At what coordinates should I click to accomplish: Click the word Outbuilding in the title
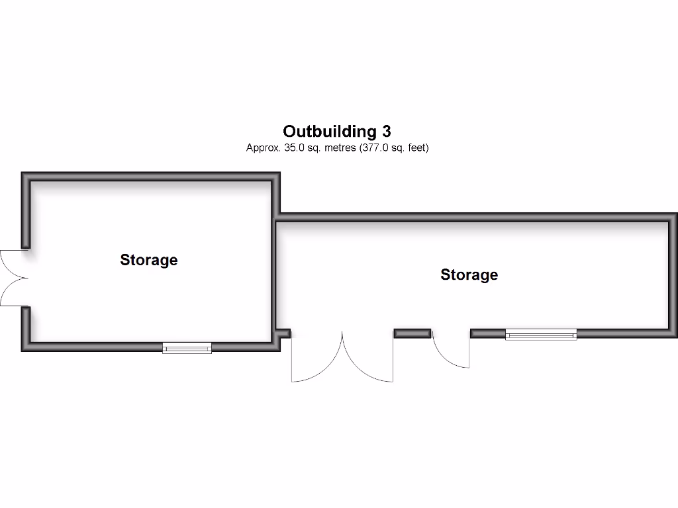330,132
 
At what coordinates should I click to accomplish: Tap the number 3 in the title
386,132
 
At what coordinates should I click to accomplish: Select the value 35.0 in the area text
294,148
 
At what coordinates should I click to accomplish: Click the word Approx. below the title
264,148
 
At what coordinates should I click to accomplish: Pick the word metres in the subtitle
340,148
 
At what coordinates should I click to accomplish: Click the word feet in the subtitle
418,148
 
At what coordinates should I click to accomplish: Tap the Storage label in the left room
149,260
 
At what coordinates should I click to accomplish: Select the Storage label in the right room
469,275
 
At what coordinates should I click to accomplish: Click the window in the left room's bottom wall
187,348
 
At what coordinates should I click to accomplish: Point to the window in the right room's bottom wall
541,334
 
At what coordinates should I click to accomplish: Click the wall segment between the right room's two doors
412,333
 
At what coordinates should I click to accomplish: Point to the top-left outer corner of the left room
22,173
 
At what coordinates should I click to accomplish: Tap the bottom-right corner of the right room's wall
677,337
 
